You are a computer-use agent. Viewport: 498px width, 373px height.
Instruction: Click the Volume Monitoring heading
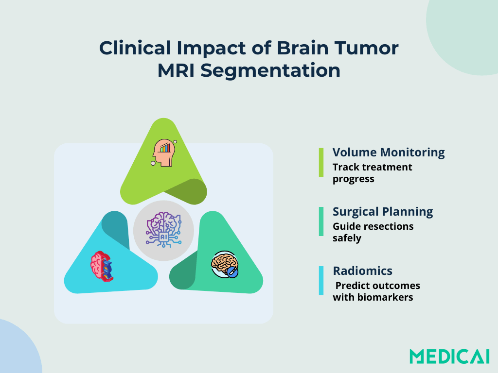tap(389, 153)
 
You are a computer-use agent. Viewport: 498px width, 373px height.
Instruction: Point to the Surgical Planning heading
tap(383, 212)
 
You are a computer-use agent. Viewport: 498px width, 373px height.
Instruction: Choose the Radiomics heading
tap(362, 271)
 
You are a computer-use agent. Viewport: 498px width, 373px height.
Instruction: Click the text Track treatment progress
tap(372, 173)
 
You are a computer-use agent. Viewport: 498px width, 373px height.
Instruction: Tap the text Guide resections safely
tap(373, 232)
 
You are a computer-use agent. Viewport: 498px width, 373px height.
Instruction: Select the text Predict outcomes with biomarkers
tap(376, 291)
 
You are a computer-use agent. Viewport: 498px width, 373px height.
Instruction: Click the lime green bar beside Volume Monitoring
tap(321, 162)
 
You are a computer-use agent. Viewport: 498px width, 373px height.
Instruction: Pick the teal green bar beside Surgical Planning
tap(321, 221)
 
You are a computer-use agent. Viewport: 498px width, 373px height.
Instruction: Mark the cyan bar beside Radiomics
tap(321, 280)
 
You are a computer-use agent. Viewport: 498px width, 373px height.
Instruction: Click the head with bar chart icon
tap(164, 153)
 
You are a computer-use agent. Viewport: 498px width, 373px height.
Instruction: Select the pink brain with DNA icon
tap(102, 266)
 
